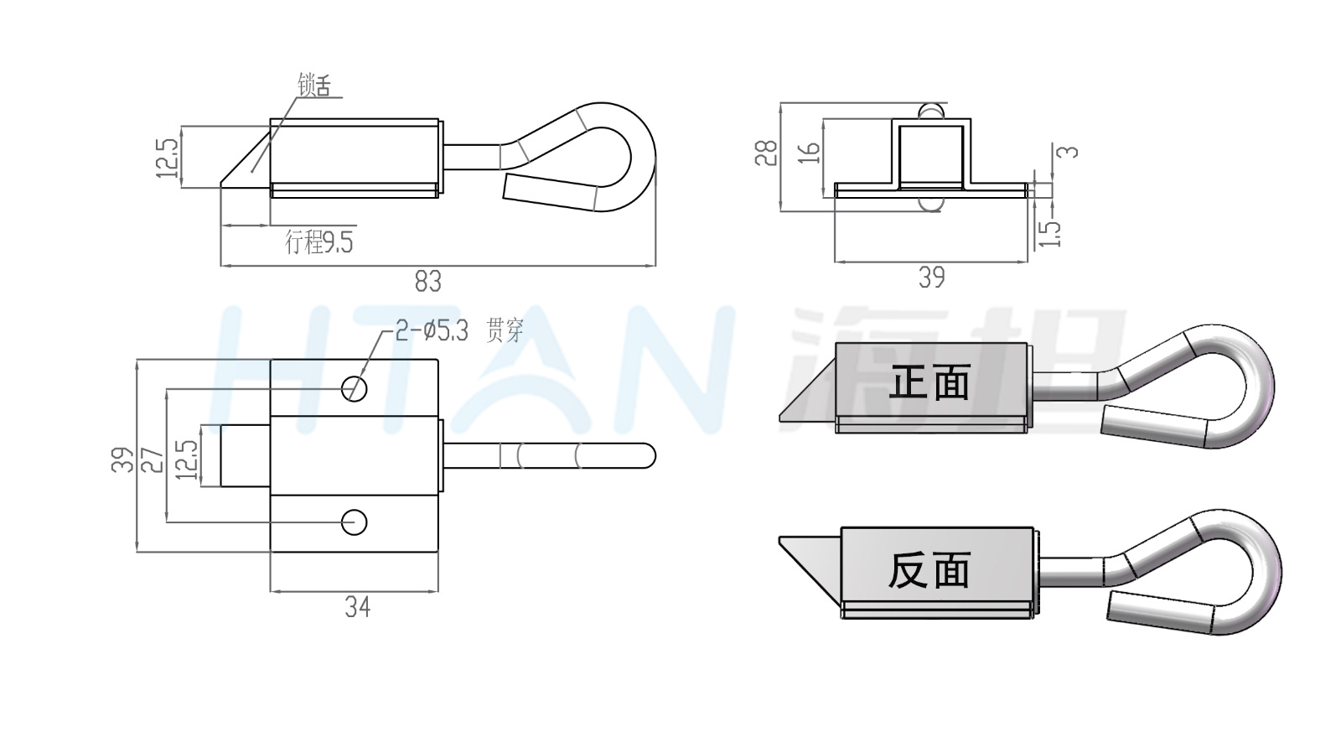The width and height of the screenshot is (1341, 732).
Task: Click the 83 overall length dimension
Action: coord(428,281)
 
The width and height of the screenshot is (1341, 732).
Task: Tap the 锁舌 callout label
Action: coord(313,85)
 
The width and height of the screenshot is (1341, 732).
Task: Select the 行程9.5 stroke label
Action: coord(319,242)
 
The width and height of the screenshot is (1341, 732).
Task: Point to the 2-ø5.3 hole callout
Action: coord(432,330)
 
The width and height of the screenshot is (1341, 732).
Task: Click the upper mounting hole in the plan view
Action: coord(354,389)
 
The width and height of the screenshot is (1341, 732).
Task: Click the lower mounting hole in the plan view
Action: coord(354,522)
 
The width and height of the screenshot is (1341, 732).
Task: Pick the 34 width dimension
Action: coord(358,607)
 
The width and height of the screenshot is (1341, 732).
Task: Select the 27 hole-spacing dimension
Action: coord(154,460)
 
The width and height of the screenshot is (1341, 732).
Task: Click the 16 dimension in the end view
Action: coord(810,152)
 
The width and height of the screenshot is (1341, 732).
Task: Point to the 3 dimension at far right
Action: coord(1068,152)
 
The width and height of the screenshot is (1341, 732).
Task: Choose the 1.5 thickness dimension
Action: coord(1050,234)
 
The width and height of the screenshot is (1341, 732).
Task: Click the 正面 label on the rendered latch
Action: coord(929,382)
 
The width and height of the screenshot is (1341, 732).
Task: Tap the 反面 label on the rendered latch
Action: coord(929,570)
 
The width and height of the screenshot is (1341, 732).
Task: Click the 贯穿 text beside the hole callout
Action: coord(505,330)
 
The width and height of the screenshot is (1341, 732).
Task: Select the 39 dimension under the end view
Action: coord(932,278)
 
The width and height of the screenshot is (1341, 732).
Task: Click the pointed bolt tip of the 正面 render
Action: coord(780,417)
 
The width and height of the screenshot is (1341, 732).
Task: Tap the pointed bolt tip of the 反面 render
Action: coord(780,538)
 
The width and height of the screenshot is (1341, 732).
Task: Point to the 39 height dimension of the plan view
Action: coord(122,460)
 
